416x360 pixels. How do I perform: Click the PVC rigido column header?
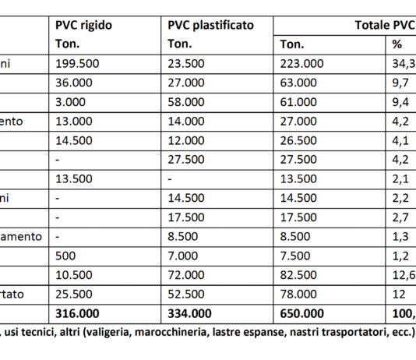[x=84, y=25]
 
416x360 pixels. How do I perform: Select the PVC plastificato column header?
[x=210, y=25]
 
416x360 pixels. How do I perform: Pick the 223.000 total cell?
[x=297, y=63]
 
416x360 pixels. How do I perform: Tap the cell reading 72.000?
[x=185, y=274]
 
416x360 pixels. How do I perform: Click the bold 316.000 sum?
[x=78, y=312]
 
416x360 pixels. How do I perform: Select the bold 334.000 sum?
[x=192, y=312]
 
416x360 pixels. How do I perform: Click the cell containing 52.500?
[x=185, y=294]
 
